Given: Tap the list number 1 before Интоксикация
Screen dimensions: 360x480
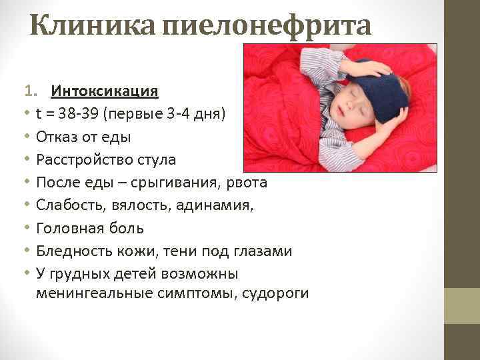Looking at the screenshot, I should (x=27, y=91).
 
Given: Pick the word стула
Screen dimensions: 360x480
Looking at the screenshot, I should (x=157, y=160).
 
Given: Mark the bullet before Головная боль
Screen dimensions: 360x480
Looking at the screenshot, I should (x=27, y=229).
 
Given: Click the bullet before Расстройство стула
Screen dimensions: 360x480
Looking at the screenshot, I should (x=27, y=160).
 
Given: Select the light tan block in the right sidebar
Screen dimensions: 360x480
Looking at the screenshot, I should (x=462, y=306).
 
